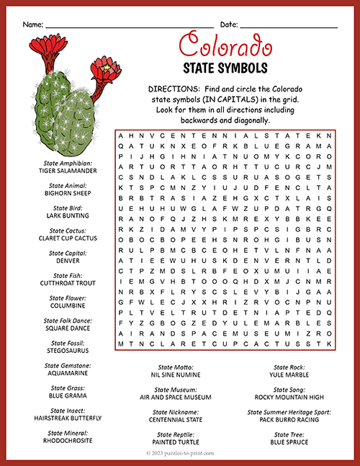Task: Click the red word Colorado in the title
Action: (225, 46)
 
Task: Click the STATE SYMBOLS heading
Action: (225, 68)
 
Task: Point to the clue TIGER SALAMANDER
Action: (68, 171)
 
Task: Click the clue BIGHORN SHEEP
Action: (68, 193)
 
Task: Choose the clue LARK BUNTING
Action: (68, 215)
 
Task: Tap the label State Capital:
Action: (68, 254)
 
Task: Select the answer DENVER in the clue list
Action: (68, 261)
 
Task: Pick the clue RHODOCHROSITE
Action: (68, 440)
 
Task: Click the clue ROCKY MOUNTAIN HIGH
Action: (289, 396)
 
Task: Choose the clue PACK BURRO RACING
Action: (289, 418)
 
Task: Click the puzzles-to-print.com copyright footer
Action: (180, 455)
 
